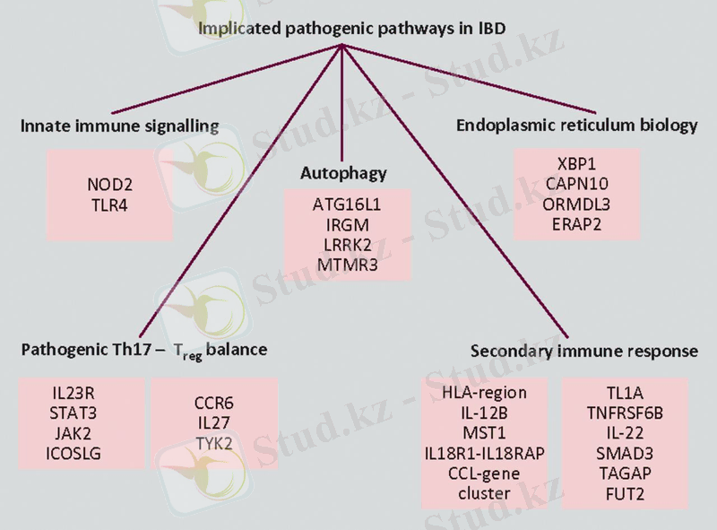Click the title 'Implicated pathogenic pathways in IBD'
click(351, 29)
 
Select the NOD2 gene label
click(109, 186)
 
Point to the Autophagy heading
click(343, 173)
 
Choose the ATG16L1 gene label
click(348, 204)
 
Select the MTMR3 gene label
click(348, 264)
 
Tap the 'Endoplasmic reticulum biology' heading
click(577, 126)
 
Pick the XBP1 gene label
click(577, 166)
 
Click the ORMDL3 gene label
click(577, 204)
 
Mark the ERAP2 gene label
click(577, 222)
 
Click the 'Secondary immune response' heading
click(583, 351)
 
